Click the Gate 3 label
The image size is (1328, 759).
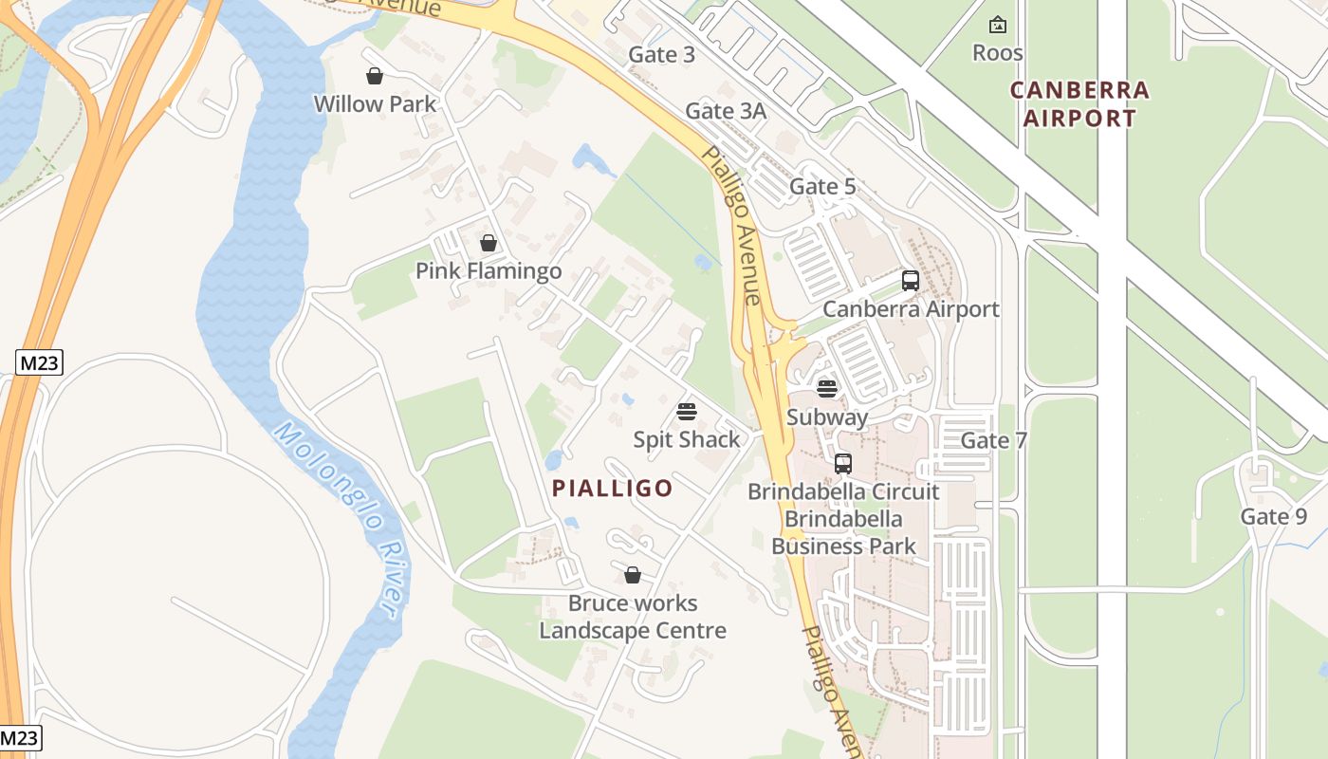pyautogui.click(x=661, y=55)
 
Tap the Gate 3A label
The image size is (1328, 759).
pyautogui.click(x=725, y=111)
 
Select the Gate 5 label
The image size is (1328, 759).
pyautogui.click(x=821, y=187)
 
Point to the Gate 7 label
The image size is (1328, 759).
pyautogui.click(x=993, y=440)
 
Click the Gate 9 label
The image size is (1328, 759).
pyautogui.click(x=1273, y=517)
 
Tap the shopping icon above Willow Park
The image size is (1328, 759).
pyautogui.click(x=375, y=76)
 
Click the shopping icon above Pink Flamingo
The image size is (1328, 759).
pyautogui.click(x=488, y=243)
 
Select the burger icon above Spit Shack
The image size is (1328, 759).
pyautogui.click(x=687, y=412)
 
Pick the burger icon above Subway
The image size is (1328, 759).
pyautogui.click(x=827, y=388)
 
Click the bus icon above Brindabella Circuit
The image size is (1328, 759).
pyautogui.click(x=842, y=464)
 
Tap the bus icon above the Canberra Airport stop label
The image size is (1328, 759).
pyautogui.click(x=911, y=281)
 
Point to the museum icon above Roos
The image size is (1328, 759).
pyautogui.click(x=997, y=25)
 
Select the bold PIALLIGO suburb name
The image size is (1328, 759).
pyautogui.click(x=612, y=489)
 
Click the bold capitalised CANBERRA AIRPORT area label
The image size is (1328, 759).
pyautogui.click(x=1079, y=104)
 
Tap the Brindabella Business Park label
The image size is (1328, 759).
pyautogui.click(x=843, y=532)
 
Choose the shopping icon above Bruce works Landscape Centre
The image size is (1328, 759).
pyautogui.click(x=633, y=575)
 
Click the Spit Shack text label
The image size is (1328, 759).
pyautogui.click(x=687, y=440)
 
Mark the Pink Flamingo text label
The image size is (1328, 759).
pyautogui.click(x=489, y=271)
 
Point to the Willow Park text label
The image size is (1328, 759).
pyautogui.click(x=375, y=104)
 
